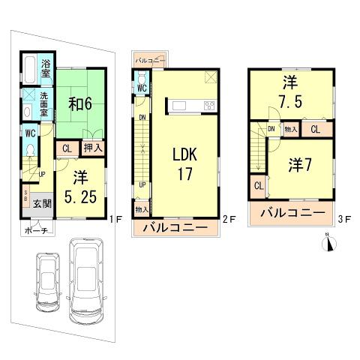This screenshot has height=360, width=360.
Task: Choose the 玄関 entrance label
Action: [x=41, y=203]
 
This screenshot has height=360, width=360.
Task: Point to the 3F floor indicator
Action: [x=344, y=220]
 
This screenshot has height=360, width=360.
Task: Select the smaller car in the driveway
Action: [x=48, y=278]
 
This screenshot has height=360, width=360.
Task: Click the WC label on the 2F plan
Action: [x=141, y=87]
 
